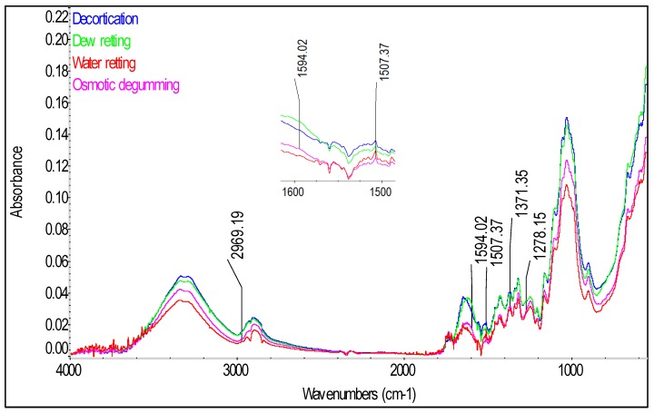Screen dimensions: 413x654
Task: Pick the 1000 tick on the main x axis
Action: click(570, 369)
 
